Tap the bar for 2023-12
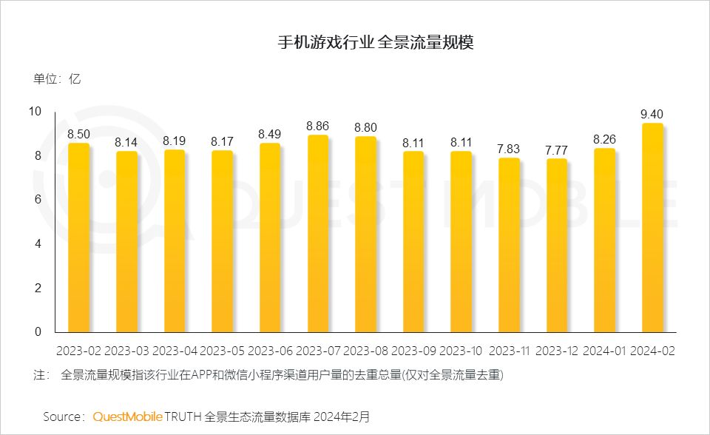click(556, 246)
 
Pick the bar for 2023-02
click(78, 237)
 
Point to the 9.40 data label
click(652, 114)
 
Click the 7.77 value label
click(556, 150)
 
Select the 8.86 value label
click(318, 127)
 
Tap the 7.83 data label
click(509, 149)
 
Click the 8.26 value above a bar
click(604, 139)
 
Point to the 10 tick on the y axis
click(35, 112)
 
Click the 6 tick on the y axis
click(38, 200)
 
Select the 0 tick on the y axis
click(38, 332)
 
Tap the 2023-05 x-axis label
click(222, 350)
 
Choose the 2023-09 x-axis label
click(413, 350)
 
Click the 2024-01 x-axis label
click(604, 350)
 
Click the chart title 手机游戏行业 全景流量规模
click(375, 43)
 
